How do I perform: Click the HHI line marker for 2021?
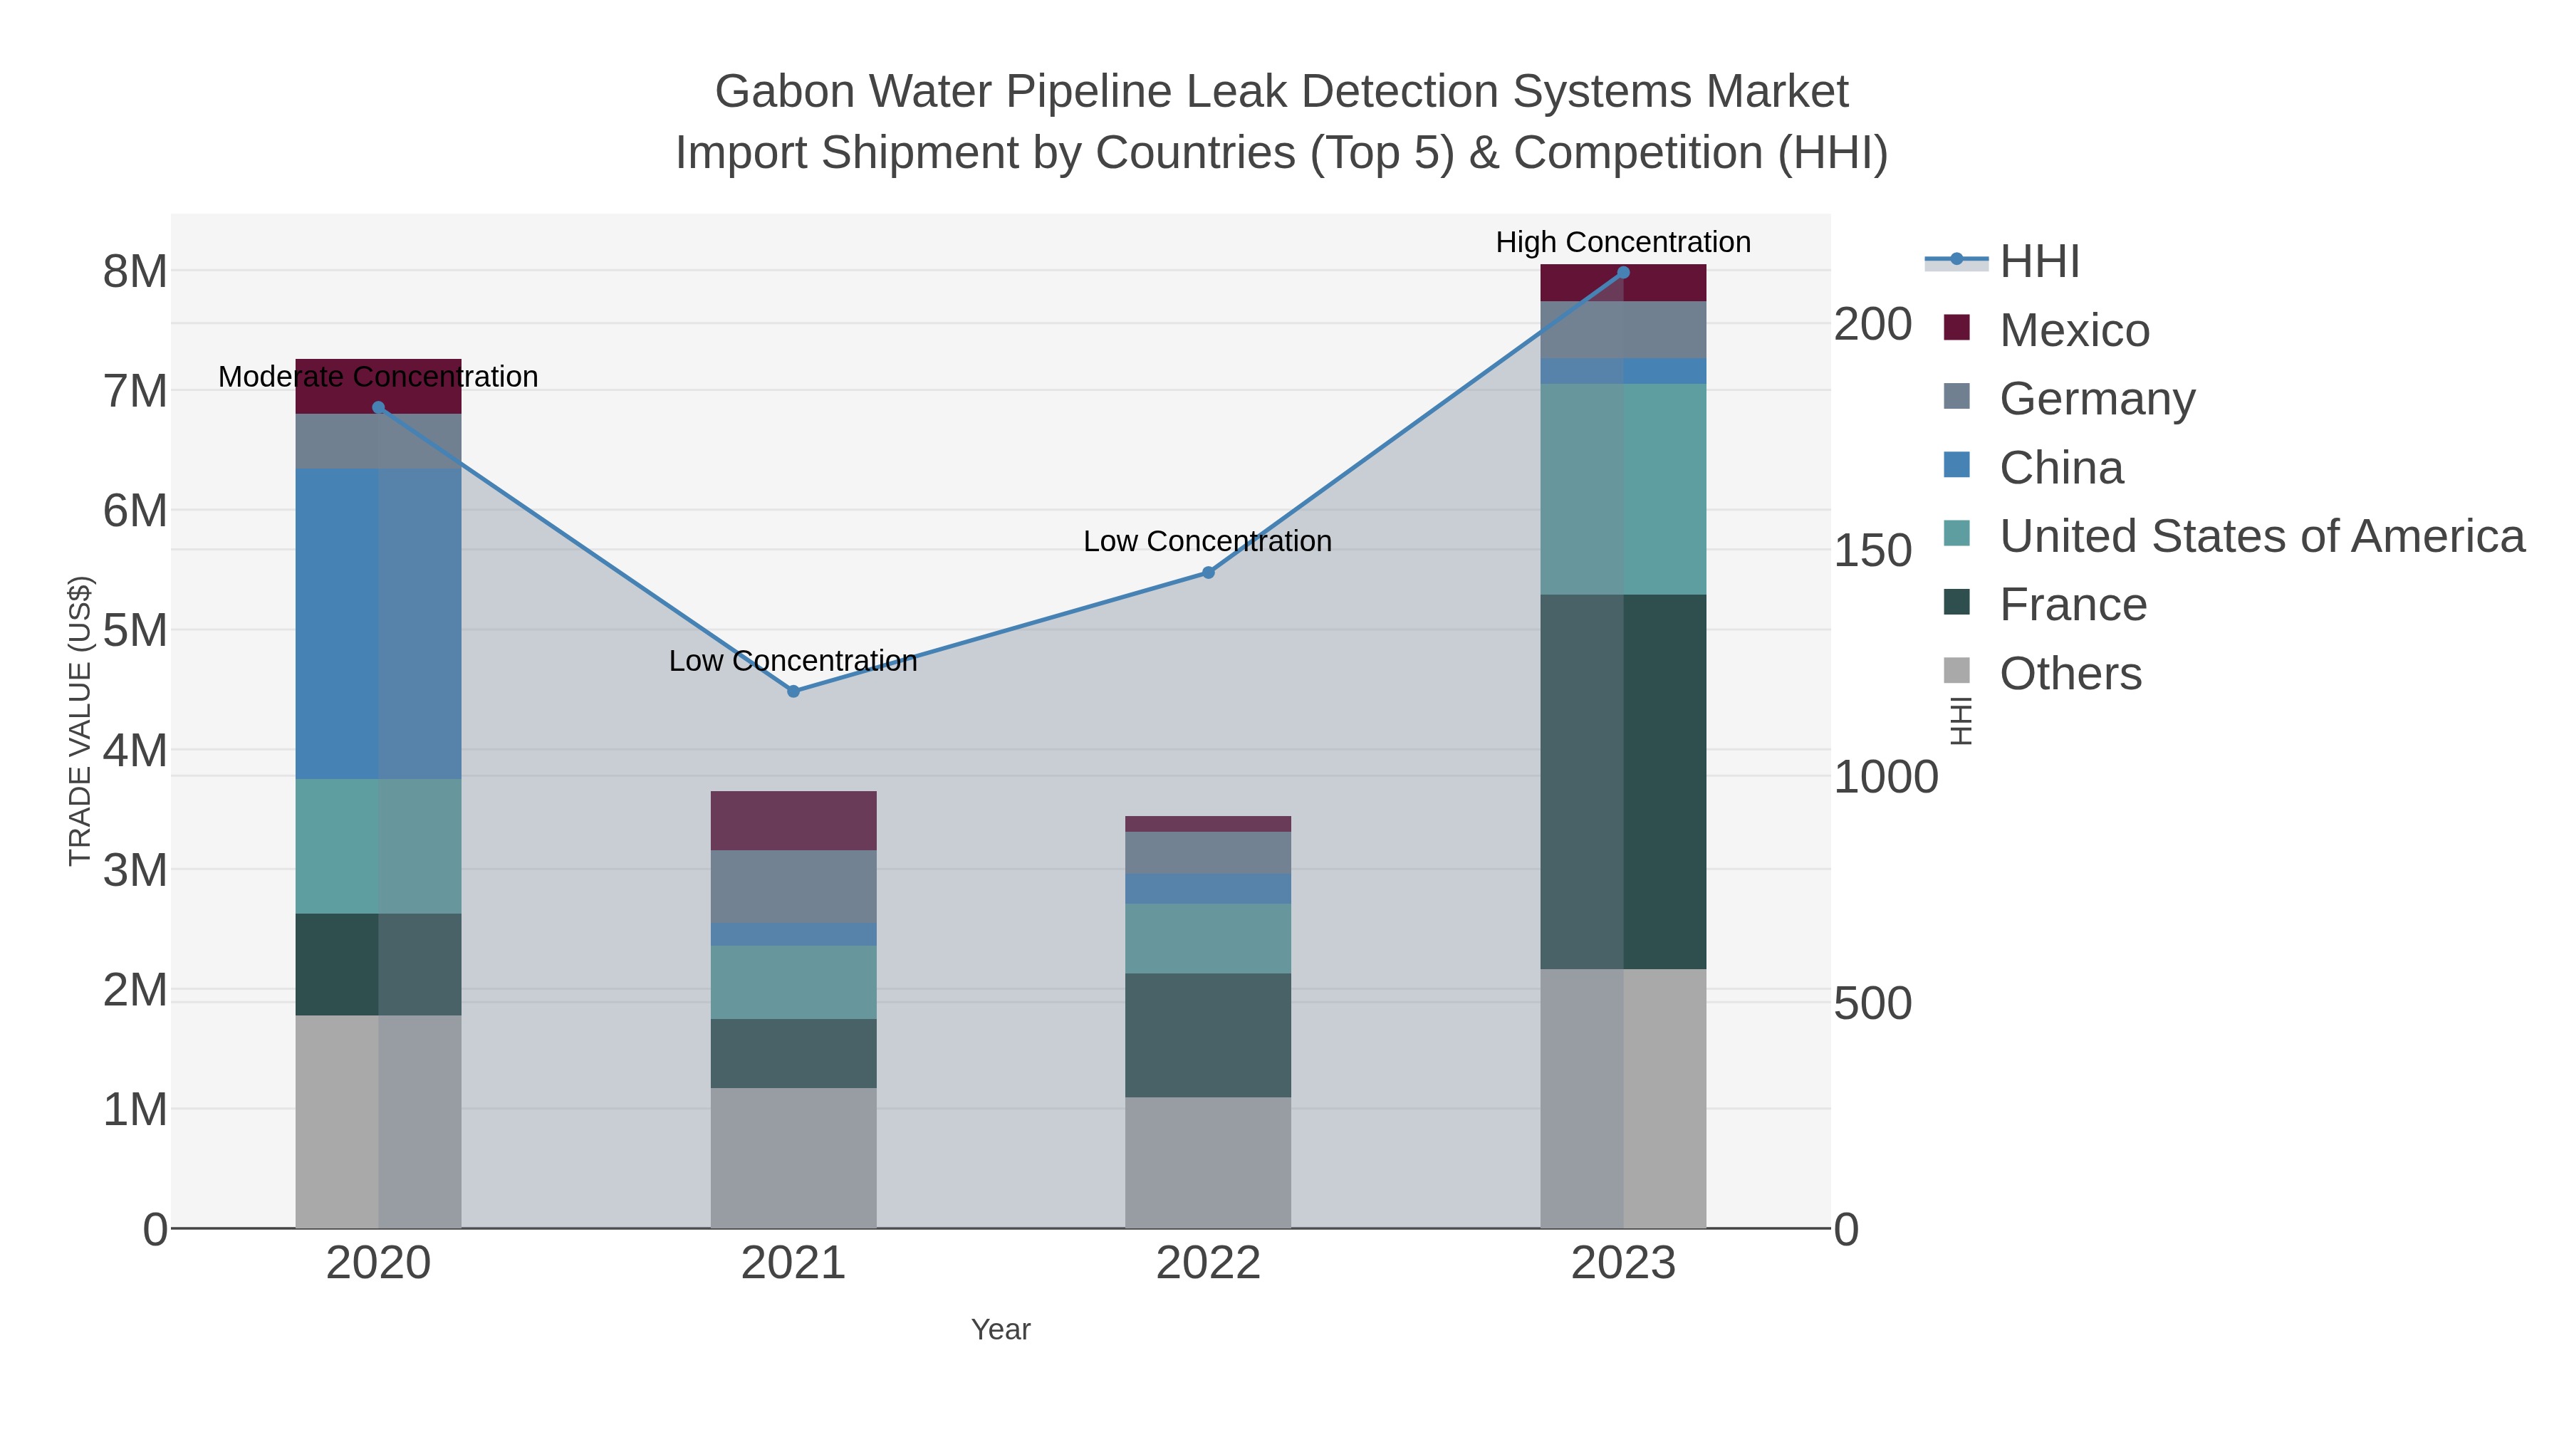pos(793,691)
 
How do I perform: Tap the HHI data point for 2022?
pos(1209,573)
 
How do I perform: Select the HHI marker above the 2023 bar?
pos(1623,272)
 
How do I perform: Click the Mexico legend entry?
pos(2074,330)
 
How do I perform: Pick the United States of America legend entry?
pos(2261,536)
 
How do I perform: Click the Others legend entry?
pos(2070,674)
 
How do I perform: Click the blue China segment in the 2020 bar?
pos(377,623)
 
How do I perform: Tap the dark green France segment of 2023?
pos(1623,781)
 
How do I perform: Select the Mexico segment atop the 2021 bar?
pos(793,820)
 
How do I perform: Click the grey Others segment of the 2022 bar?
pos(1209,1162)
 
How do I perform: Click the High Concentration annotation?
pos(1622,242)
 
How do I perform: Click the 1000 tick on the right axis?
pos(1885,777)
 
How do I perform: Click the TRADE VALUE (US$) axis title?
pos(80,721)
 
